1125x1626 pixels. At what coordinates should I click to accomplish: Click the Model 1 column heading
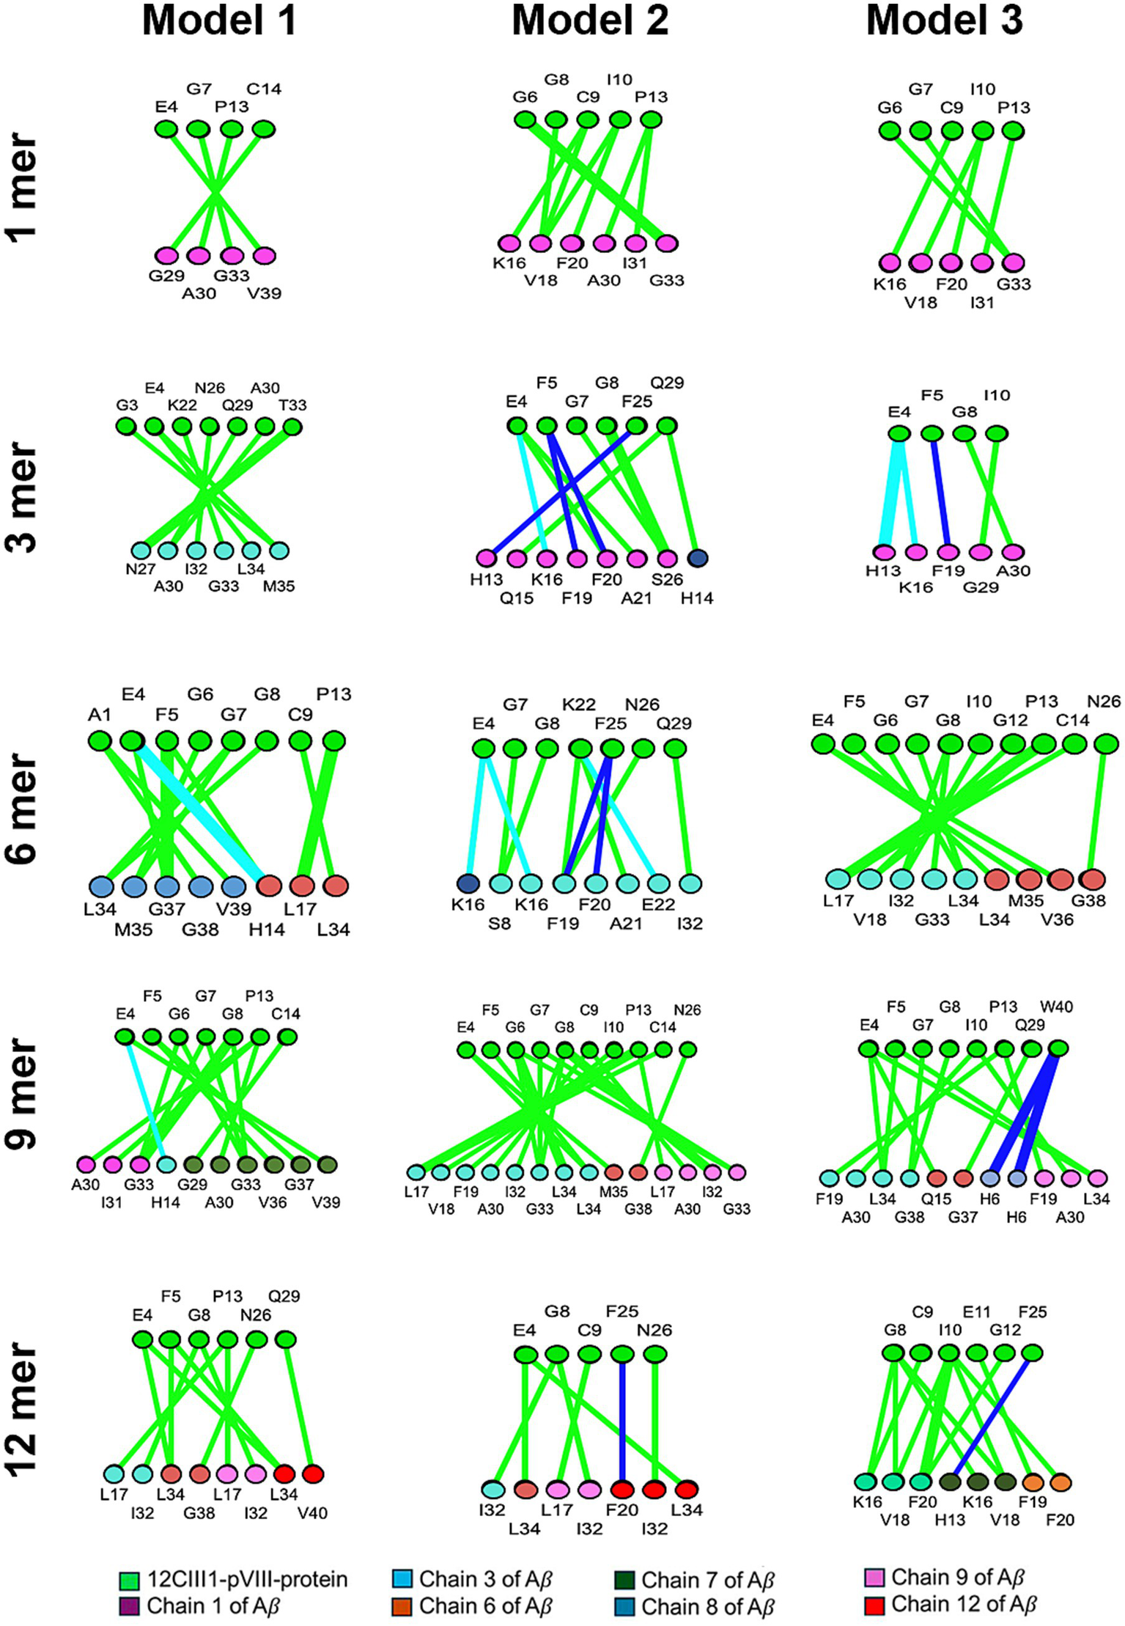tap(219, 21)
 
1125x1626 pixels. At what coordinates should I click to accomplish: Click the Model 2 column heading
tap(590, 21)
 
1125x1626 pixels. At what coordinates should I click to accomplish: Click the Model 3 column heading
tap(944, 21)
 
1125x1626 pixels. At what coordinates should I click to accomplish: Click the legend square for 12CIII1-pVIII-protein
tap(128, 1580)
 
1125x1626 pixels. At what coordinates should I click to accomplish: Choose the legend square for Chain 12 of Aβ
tap(874, 1605)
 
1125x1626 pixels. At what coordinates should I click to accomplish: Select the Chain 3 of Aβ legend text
tap(485, 1579)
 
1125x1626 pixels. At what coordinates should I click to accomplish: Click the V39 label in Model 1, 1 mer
tap(264, 293)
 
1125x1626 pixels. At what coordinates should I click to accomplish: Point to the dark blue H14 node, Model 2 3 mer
tap(697, 558)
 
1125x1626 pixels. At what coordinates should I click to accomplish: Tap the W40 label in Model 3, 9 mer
tap(1056, 1007)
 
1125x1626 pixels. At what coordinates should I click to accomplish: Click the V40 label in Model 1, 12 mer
tap(312, 1512)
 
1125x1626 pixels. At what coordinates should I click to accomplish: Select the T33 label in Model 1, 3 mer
tap(292, 405)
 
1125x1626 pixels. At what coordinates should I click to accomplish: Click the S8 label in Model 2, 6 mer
tap(499, 923)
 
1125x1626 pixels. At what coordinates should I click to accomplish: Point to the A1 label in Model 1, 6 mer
tap(99, 714)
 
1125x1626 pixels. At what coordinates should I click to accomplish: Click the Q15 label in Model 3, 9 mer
tap(936, 1199)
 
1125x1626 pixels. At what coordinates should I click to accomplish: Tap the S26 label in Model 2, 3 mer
tap(667, 579)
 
